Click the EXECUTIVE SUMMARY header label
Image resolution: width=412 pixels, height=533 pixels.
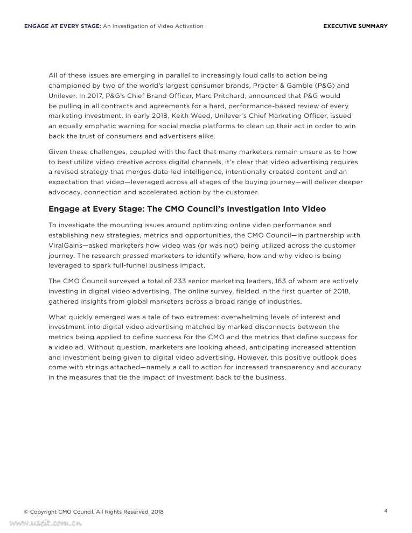coord(355,26)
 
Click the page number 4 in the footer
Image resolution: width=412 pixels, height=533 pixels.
coord(386,511)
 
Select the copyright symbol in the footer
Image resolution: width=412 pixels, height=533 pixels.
coord(26,512)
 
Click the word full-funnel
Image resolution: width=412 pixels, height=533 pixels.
coord(145,265)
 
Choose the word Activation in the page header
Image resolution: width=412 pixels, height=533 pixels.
coord(190,26)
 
